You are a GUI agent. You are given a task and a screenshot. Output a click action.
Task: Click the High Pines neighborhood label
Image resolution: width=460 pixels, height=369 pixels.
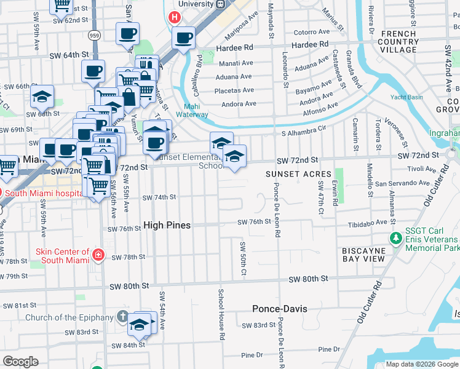coord(167,225)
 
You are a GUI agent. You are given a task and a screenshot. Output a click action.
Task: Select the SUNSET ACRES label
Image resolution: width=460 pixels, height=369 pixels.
coord(298,174)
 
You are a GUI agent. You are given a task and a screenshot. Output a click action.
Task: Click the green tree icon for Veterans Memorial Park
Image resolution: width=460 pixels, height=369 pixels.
coord(397,237)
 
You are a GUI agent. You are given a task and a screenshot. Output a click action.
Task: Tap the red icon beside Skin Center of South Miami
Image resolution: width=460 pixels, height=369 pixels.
coord(97,255)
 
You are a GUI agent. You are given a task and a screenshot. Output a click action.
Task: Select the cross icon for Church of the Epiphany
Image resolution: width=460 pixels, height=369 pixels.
coord(122,317)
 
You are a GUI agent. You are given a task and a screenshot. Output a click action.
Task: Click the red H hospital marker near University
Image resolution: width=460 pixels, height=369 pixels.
coord(175,18)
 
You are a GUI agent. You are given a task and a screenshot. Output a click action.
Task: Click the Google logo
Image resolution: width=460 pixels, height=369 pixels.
coord(20,362)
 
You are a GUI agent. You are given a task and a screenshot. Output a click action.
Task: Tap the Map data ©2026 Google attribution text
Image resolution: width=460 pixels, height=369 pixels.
coord(421,364)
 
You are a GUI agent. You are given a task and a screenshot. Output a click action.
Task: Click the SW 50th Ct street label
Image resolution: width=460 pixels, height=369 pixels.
coord(243,258)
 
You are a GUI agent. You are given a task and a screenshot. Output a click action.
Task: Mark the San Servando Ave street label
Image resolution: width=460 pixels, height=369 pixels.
coord(402,183)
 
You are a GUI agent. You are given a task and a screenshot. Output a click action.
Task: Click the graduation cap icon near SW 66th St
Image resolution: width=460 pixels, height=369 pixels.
coord(42,96)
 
